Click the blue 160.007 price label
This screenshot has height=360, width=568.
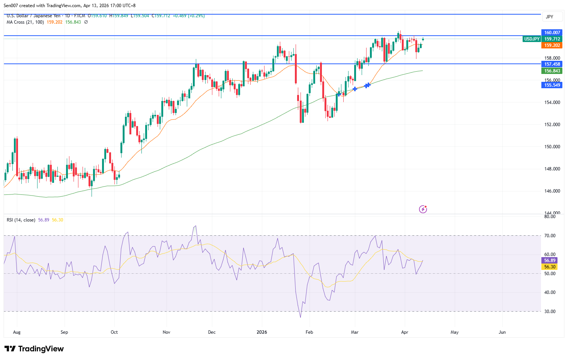[x=552, y=33]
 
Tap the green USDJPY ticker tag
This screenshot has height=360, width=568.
[x=532, y=39]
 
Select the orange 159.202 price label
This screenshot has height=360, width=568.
[x=552, y=45]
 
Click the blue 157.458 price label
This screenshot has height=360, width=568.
[x=552, y=64]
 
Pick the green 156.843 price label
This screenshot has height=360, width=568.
[x=552, y=71]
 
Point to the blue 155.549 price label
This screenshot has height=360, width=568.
[x=552, y=85]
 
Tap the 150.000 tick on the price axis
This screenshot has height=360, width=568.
[x=552, y=147]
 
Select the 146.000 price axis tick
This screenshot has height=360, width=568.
[x=552, y=191]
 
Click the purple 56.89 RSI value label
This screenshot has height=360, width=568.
[x=550, y=261]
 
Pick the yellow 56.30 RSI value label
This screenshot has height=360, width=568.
[x=550, y=267]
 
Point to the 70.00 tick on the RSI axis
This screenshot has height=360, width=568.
[x=550, y=236]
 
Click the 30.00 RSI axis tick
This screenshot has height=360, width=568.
[x=550, y=312]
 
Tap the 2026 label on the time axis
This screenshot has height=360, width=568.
[x=261, y=332]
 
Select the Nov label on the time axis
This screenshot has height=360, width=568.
[x=167, y=332]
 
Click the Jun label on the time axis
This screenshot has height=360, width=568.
[x=502, y=332]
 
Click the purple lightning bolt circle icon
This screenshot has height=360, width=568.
[x=423, y=209]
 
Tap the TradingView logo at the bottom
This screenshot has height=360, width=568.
[x=35, y=349]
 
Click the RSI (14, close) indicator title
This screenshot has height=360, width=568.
[x=21, y=220]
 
